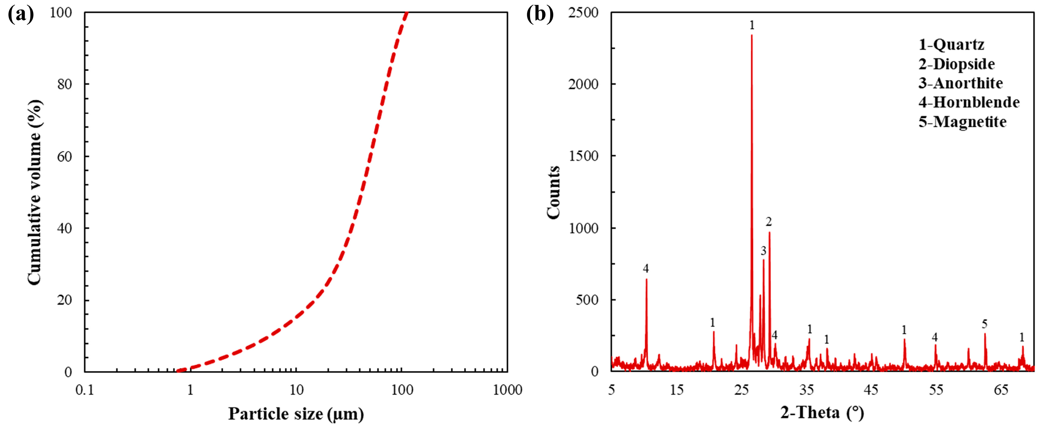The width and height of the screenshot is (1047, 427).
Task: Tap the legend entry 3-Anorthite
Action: pos(960,83)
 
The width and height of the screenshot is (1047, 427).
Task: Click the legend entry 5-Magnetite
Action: pos(963,122)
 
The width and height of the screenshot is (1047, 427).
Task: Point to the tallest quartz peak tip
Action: pos(751,36)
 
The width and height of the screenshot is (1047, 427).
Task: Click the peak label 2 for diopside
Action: pos(769,222)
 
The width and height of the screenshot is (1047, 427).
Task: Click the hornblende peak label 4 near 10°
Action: pos(646,268)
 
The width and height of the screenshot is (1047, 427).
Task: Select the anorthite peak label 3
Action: pos(763,251)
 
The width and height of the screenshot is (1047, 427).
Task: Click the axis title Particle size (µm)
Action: pos(296,414)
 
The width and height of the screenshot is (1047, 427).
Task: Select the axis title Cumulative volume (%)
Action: pos(35,192)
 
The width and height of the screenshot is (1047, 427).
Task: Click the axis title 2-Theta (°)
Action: pos(822,413)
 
